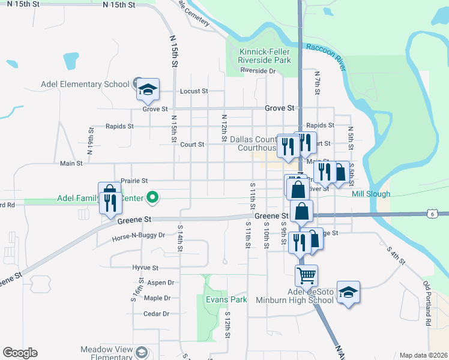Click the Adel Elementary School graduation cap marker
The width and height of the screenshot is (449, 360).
148,90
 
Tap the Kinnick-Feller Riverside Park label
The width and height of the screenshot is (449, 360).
264,56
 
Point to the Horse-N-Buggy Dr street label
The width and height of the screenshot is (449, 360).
138,237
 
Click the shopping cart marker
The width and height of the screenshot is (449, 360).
306,276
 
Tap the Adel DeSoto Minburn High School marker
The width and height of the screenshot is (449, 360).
348,293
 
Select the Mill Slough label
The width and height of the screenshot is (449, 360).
371,194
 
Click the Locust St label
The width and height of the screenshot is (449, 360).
194,92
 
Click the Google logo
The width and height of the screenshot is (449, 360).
20,353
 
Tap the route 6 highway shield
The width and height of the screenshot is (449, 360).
432,214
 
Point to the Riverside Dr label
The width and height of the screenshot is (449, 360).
258,71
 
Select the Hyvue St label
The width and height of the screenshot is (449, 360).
145,268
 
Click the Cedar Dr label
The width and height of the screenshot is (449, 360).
156,314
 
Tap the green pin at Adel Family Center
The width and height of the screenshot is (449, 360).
152,197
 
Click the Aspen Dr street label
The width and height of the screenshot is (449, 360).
160,283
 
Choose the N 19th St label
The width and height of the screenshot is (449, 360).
90,142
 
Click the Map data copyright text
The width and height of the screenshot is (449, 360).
423,355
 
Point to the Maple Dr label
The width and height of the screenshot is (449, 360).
157,298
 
